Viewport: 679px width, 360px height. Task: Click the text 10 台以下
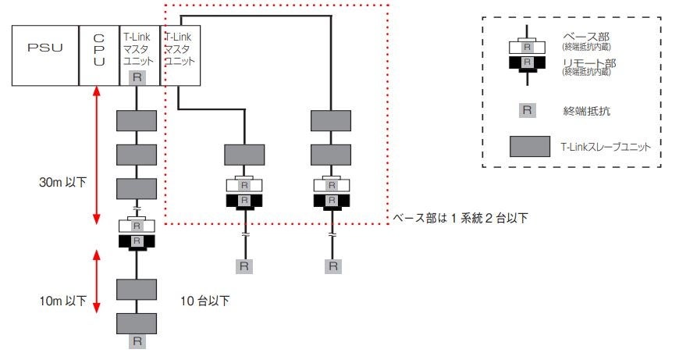coord(205,300)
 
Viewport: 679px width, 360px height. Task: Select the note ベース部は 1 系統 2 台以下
coord(460,218)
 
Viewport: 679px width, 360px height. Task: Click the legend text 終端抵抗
coord(583,109)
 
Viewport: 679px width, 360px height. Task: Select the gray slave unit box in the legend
coord(528,145)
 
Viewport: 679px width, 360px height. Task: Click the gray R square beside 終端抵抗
coord(528,109)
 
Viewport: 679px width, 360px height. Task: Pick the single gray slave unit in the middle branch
coord(244,153)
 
